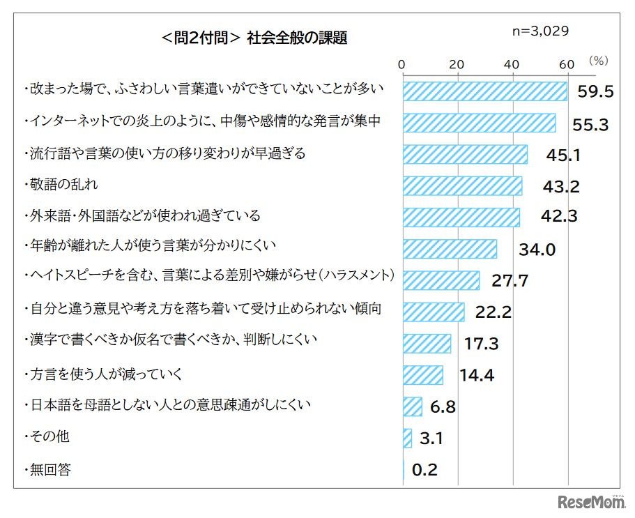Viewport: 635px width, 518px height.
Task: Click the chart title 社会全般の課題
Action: tap(254, 38)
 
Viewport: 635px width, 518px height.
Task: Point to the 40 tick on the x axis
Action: tap(512, 64)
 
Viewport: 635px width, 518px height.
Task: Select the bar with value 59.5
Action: tap(485, 92)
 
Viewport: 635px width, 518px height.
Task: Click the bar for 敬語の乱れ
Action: tap(462, 185)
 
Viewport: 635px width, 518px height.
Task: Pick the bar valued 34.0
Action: tap(450, 249)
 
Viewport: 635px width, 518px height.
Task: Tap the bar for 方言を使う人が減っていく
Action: tap(422, 375)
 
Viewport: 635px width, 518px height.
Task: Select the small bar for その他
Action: tap(407, 438)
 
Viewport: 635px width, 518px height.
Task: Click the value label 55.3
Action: tap(590, 124)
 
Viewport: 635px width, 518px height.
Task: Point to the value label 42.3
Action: tap(559, 217)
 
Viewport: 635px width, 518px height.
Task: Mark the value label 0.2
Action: tap(424, 470)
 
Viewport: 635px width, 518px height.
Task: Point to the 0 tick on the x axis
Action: tap(402, 64)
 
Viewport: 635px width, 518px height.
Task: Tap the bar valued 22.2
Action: tap(434, 312)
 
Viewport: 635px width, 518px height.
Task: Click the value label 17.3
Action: tap(482, 344)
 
